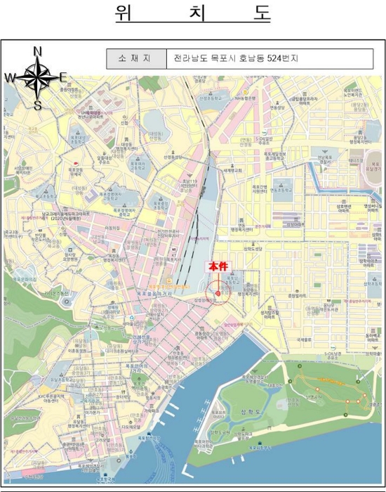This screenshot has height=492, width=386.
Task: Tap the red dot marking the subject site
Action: pos(218,292)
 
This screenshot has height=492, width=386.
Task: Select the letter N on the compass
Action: pos(37,51)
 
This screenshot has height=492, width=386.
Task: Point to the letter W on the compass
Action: pos(10,78)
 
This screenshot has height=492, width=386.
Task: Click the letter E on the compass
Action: pos(63,78)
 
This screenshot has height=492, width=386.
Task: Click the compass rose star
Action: pos(36,78)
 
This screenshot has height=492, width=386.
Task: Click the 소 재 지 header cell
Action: pos(135,59)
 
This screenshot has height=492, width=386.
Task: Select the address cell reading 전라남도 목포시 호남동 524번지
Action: pos(237,59)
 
